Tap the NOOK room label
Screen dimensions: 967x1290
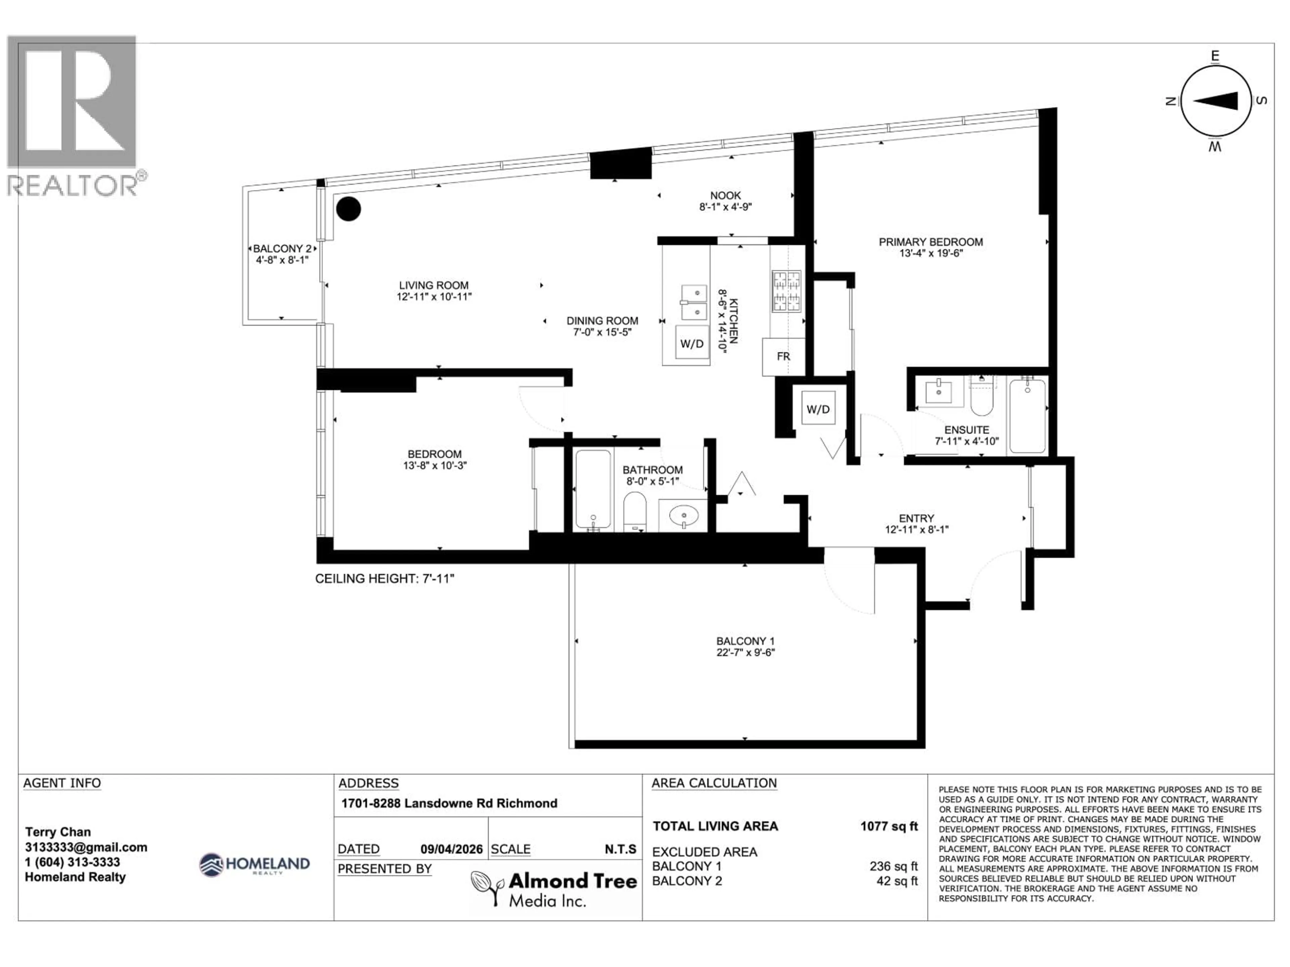tap(726, 195)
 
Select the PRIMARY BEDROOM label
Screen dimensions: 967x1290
tap(931, 242)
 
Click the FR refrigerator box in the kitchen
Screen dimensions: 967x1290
tap(783, 356)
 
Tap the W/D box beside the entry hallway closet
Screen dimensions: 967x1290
tap(818, 409)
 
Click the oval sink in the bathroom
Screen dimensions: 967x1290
tap(683, 515)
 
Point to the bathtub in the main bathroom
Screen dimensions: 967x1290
tap(593, 489)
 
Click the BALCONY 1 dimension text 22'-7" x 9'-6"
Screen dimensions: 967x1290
tap(745, 653)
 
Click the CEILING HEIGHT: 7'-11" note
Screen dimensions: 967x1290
tap(384, 579)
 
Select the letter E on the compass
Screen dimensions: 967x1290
tap(1215, 56)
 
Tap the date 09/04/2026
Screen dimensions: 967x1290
tap(451, 849)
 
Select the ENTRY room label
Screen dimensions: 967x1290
tap(916, 518)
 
